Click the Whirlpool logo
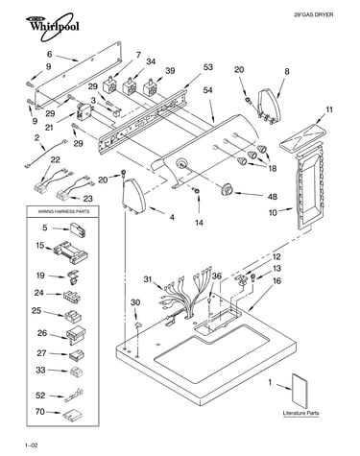52,27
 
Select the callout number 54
208,90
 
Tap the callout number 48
272,196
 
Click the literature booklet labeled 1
300,392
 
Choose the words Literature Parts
300,413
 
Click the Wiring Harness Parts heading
63,211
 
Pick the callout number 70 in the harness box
40,411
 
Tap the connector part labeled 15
71,252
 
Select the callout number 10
273,212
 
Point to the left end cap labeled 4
133,197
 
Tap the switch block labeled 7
108,85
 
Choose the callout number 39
170,70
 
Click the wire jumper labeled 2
45,153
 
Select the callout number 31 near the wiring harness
148,279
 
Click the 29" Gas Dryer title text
314,14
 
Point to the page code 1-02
32,445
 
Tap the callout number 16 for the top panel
277,280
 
